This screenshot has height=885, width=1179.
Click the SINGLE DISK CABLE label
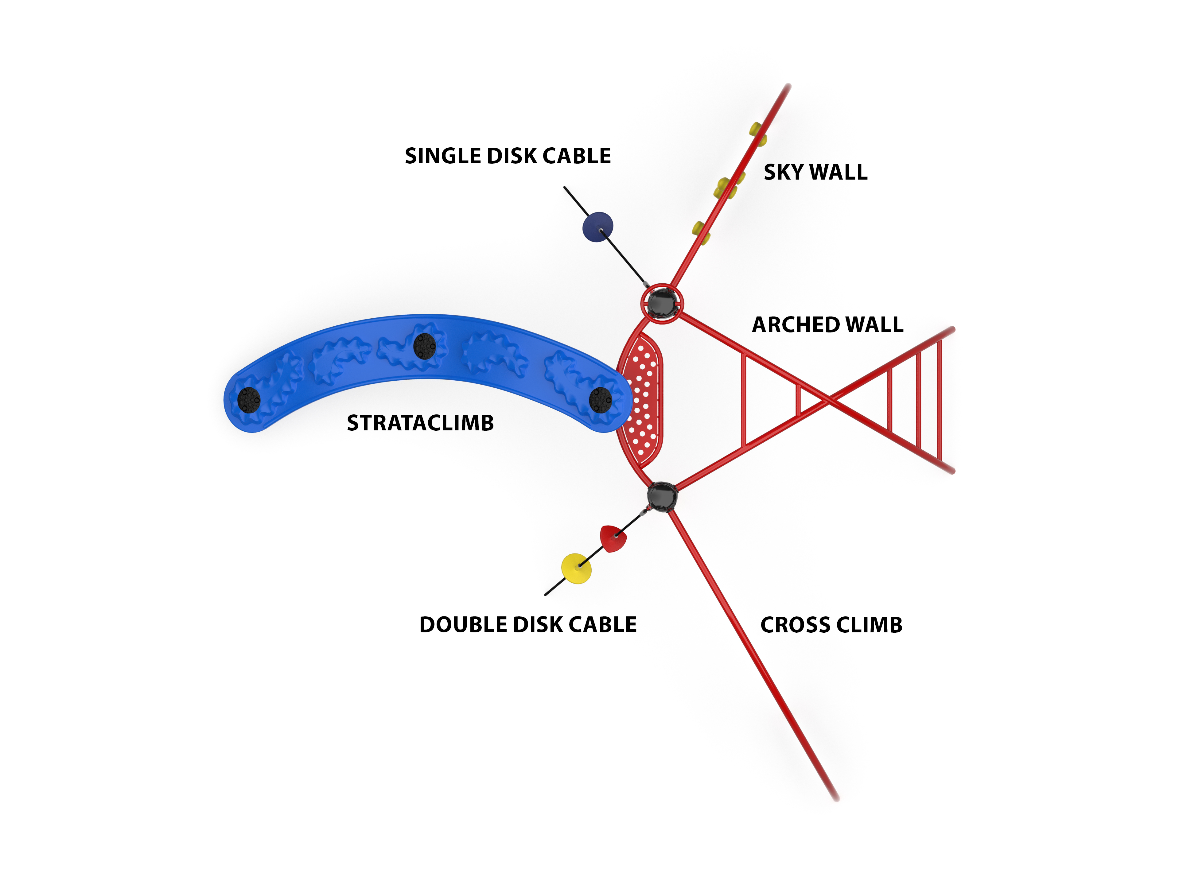click(x=508, y=156)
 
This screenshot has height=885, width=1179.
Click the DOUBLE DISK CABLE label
click(x=528, y=624)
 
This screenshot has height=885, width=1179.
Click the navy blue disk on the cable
click(x=597, y=227)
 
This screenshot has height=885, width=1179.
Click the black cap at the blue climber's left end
click(x=248, y=400)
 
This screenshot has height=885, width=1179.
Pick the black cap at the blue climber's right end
click(x=601, y=400)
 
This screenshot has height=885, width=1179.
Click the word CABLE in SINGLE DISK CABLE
click(x=576, y=156)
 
